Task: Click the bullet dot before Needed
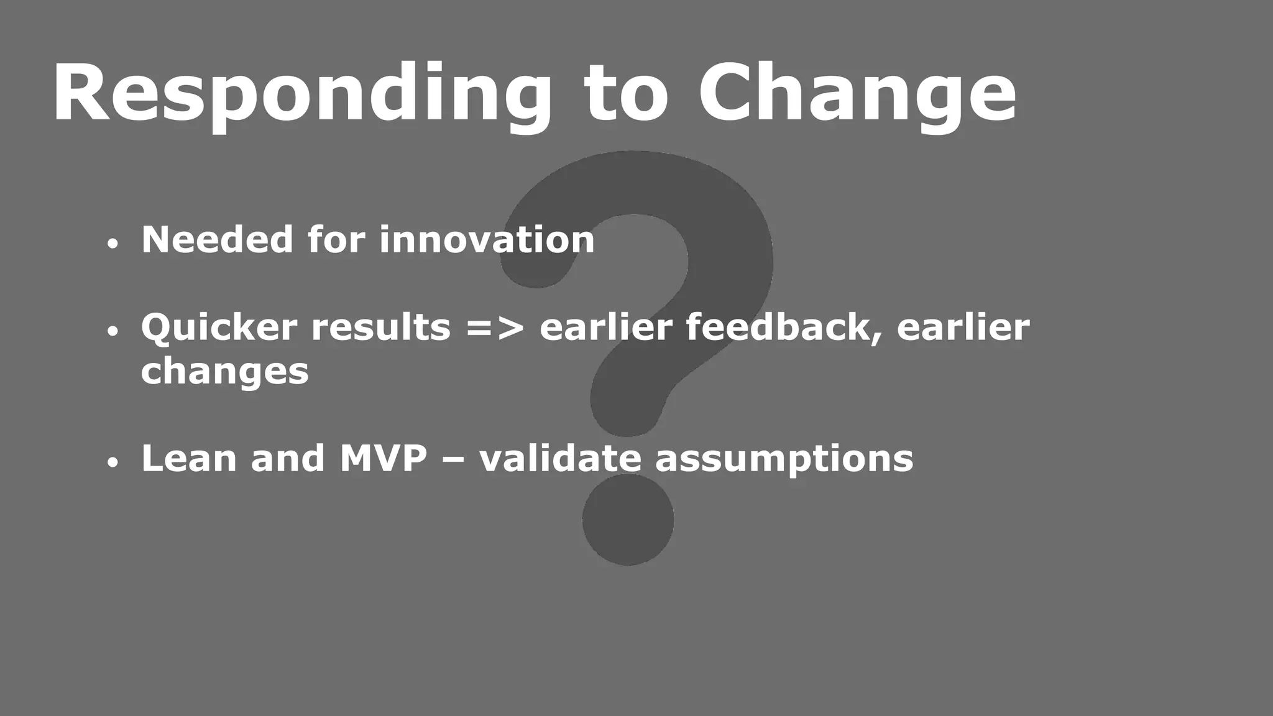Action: coord(112,244)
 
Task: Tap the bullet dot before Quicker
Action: coord(112,332)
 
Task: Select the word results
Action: coord(380,328)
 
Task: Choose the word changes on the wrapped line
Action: coord(224,372)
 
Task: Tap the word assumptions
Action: coord(784,460)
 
